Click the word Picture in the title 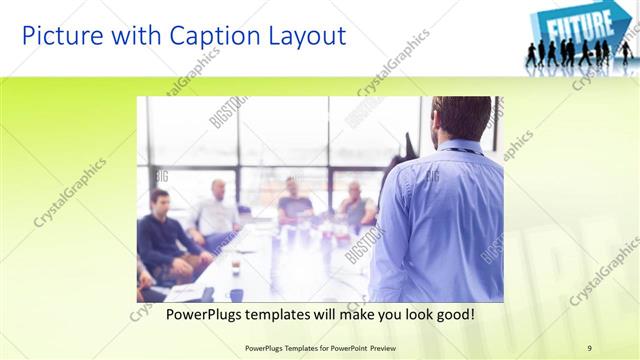tap(59, 36)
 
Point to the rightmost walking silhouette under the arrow tap(625, 52)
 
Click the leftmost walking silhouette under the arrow tap(530, 54)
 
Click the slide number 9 tap(590, 347)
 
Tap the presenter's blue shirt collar tap(460, 149)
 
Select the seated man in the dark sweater tap(160, 235)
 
